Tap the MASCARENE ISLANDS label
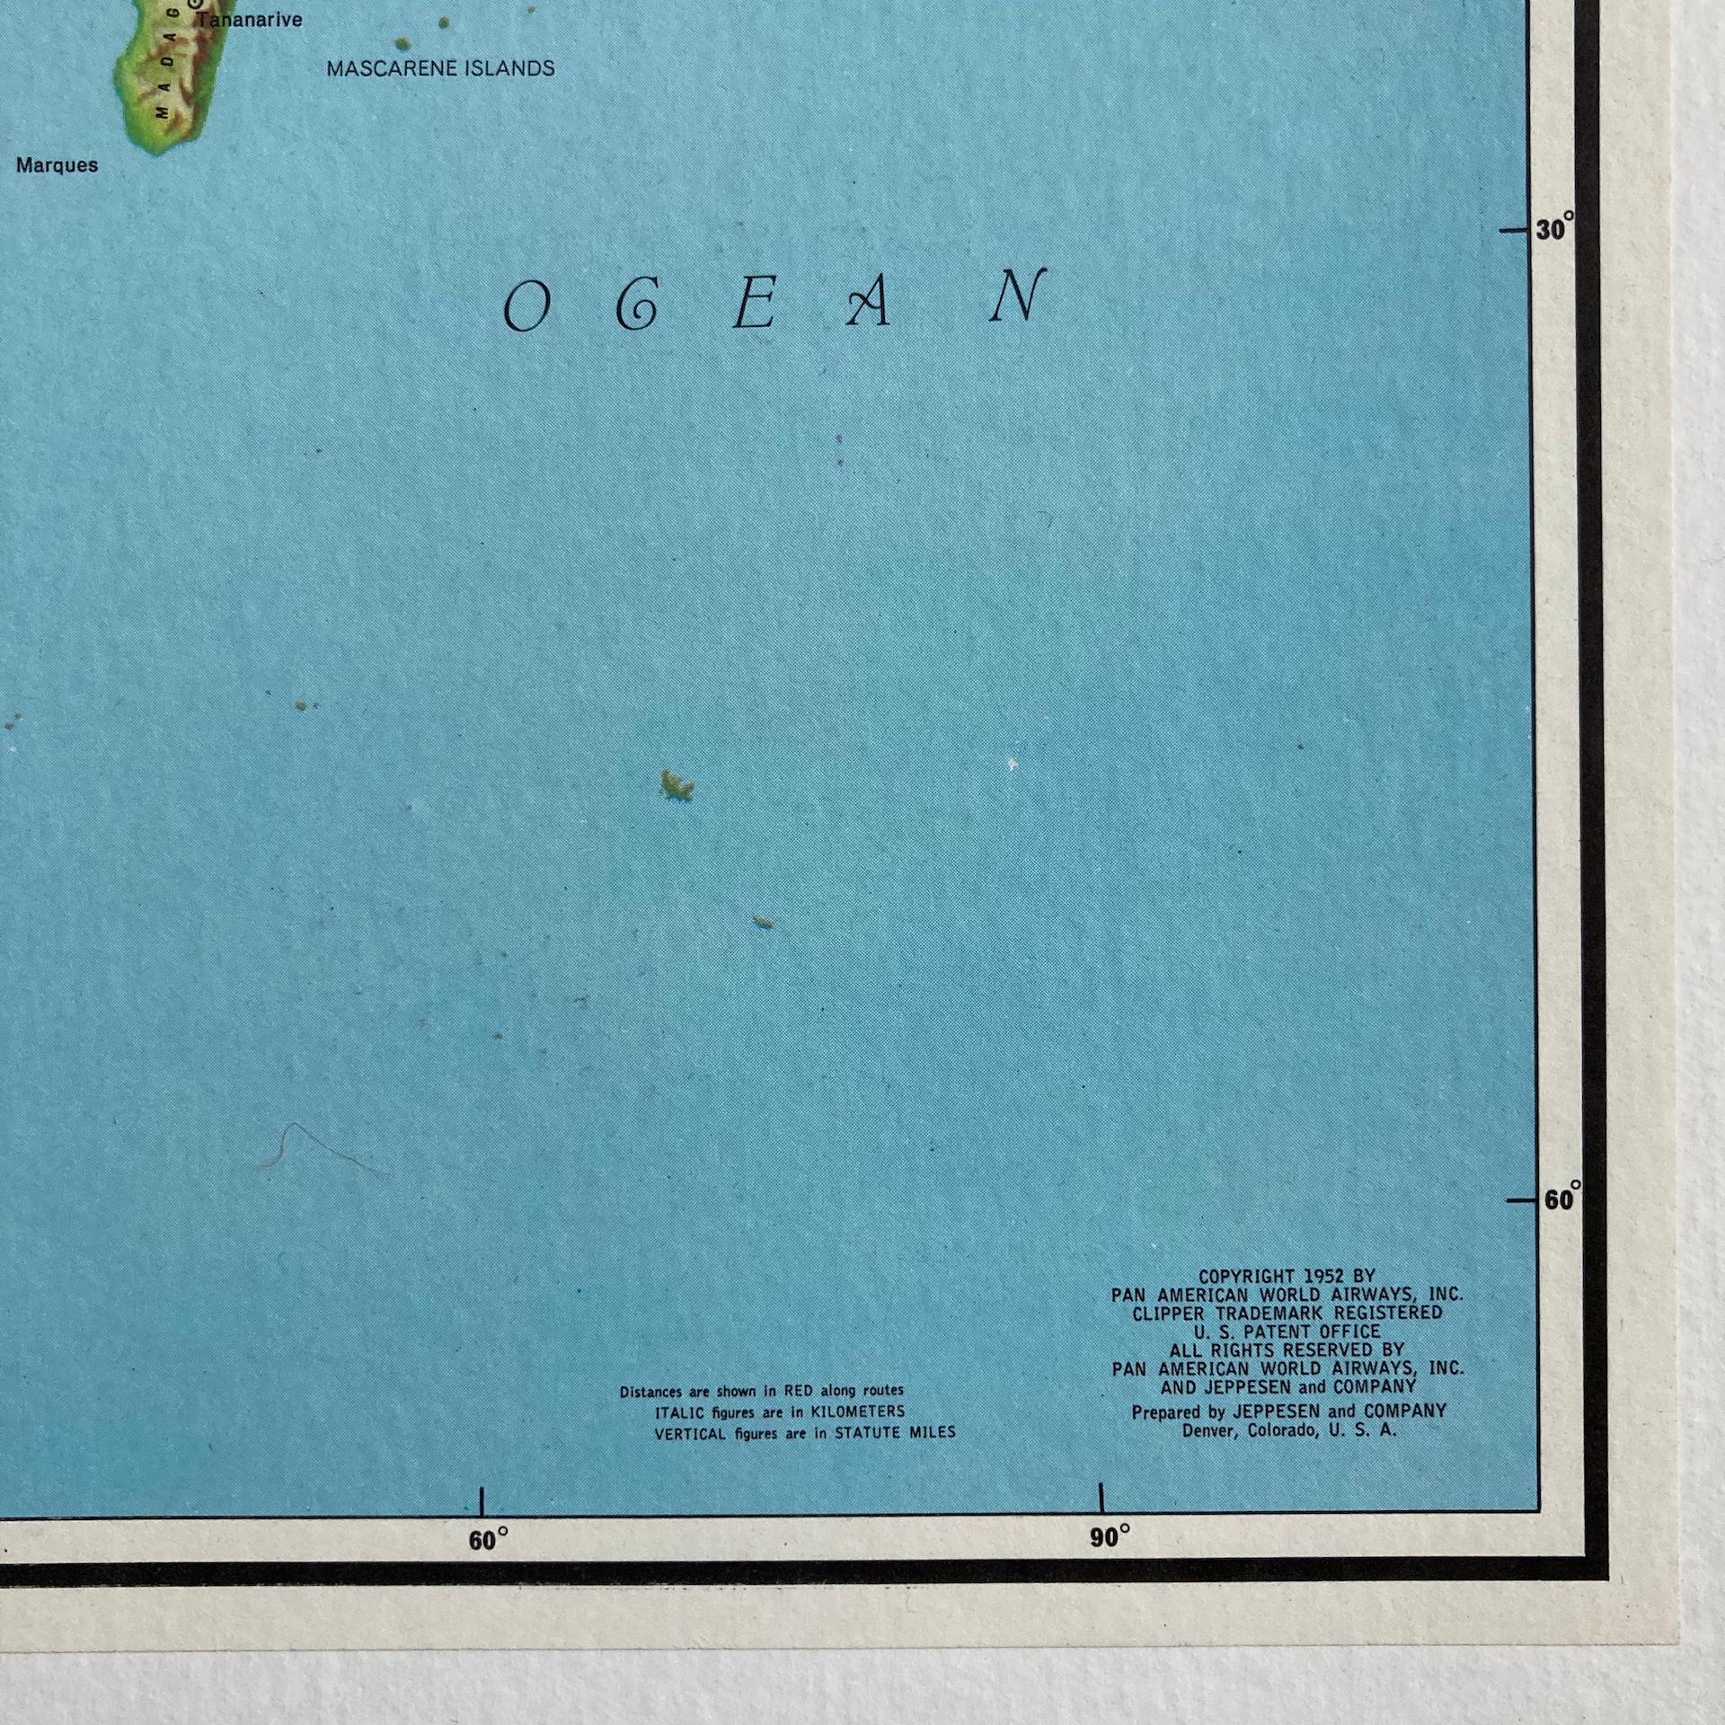coord(440,69)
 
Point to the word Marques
coord(57,165)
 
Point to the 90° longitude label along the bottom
coord(1110,1537)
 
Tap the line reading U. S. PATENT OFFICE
coord(1287,1331)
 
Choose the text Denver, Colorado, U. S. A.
coord(1289,1430)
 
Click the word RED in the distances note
coord(798,1392)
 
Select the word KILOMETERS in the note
coord(858,1412)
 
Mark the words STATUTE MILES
coord(895,1433)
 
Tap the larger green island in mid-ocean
coord(677,786)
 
